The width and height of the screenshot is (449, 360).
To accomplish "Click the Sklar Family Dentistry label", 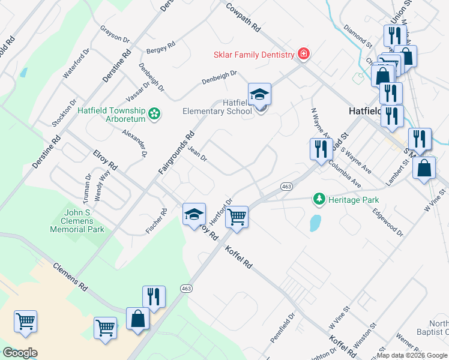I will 253,55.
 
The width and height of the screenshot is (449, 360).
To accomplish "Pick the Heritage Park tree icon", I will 319,199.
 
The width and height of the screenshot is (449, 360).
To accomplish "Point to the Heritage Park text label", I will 354,199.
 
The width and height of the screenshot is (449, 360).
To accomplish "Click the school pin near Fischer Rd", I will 193,214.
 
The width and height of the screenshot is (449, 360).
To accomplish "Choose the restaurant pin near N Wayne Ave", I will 321,149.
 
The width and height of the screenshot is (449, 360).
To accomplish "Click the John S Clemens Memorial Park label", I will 85,220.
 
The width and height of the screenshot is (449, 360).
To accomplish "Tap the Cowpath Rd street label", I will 243,17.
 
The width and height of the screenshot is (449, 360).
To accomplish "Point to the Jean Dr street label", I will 197,155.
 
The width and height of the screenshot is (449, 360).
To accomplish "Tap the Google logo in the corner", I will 20,353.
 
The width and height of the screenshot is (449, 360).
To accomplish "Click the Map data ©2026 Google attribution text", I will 412,355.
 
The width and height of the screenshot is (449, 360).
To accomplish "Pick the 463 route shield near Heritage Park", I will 286,187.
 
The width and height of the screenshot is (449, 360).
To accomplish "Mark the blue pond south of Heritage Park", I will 314,223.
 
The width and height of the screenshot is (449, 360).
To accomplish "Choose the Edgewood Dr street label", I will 387,221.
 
